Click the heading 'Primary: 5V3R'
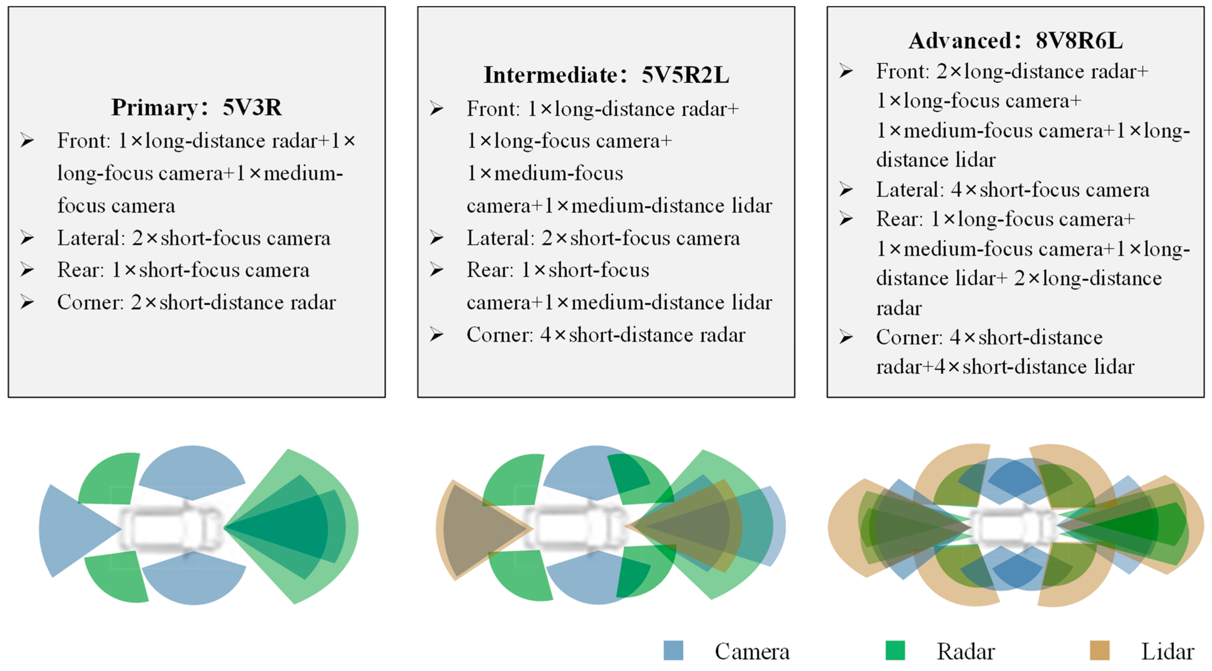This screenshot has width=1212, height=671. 196,107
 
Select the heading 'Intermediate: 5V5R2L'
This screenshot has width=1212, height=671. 606,75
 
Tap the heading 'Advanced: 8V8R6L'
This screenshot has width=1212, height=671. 1015,40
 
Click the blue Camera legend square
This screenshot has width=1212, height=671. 673,651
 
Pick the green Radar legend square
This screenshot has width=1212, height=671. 895,651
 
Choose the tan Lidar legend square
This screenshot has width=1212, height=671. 1100,651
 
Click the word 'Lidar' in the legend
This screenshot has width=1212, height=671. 1167,652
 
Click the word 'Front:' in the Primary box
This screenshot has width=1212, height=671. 84,141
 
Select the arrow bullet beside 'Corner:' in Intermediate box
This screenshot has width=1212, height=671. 436,335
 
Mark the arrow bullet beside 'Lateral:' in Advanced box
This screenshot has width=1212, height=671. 846,189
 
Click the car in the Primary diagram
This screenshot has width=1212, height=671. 172,527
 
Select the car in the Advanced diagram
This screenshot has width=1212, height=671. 1015,527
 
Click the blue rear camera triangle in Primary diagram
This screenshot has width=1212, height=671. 71,529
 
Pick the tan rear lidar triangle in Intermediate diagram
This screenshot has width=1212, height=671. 480,529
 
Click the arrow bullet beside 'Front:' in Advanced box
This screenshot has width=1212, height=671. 846,71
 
